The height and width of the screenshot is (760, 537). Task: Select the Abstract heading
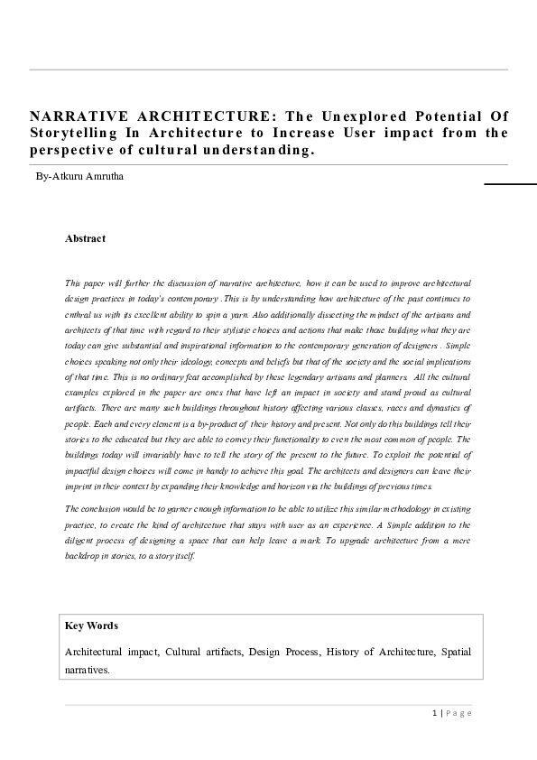[85, 238]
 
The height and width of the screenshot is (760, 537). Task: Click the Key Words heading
[91, 626]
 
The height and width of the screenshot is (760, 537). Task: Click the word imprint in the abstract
[80, 487]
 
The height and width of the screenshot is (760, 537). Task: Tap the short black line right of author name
[510, 183]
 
